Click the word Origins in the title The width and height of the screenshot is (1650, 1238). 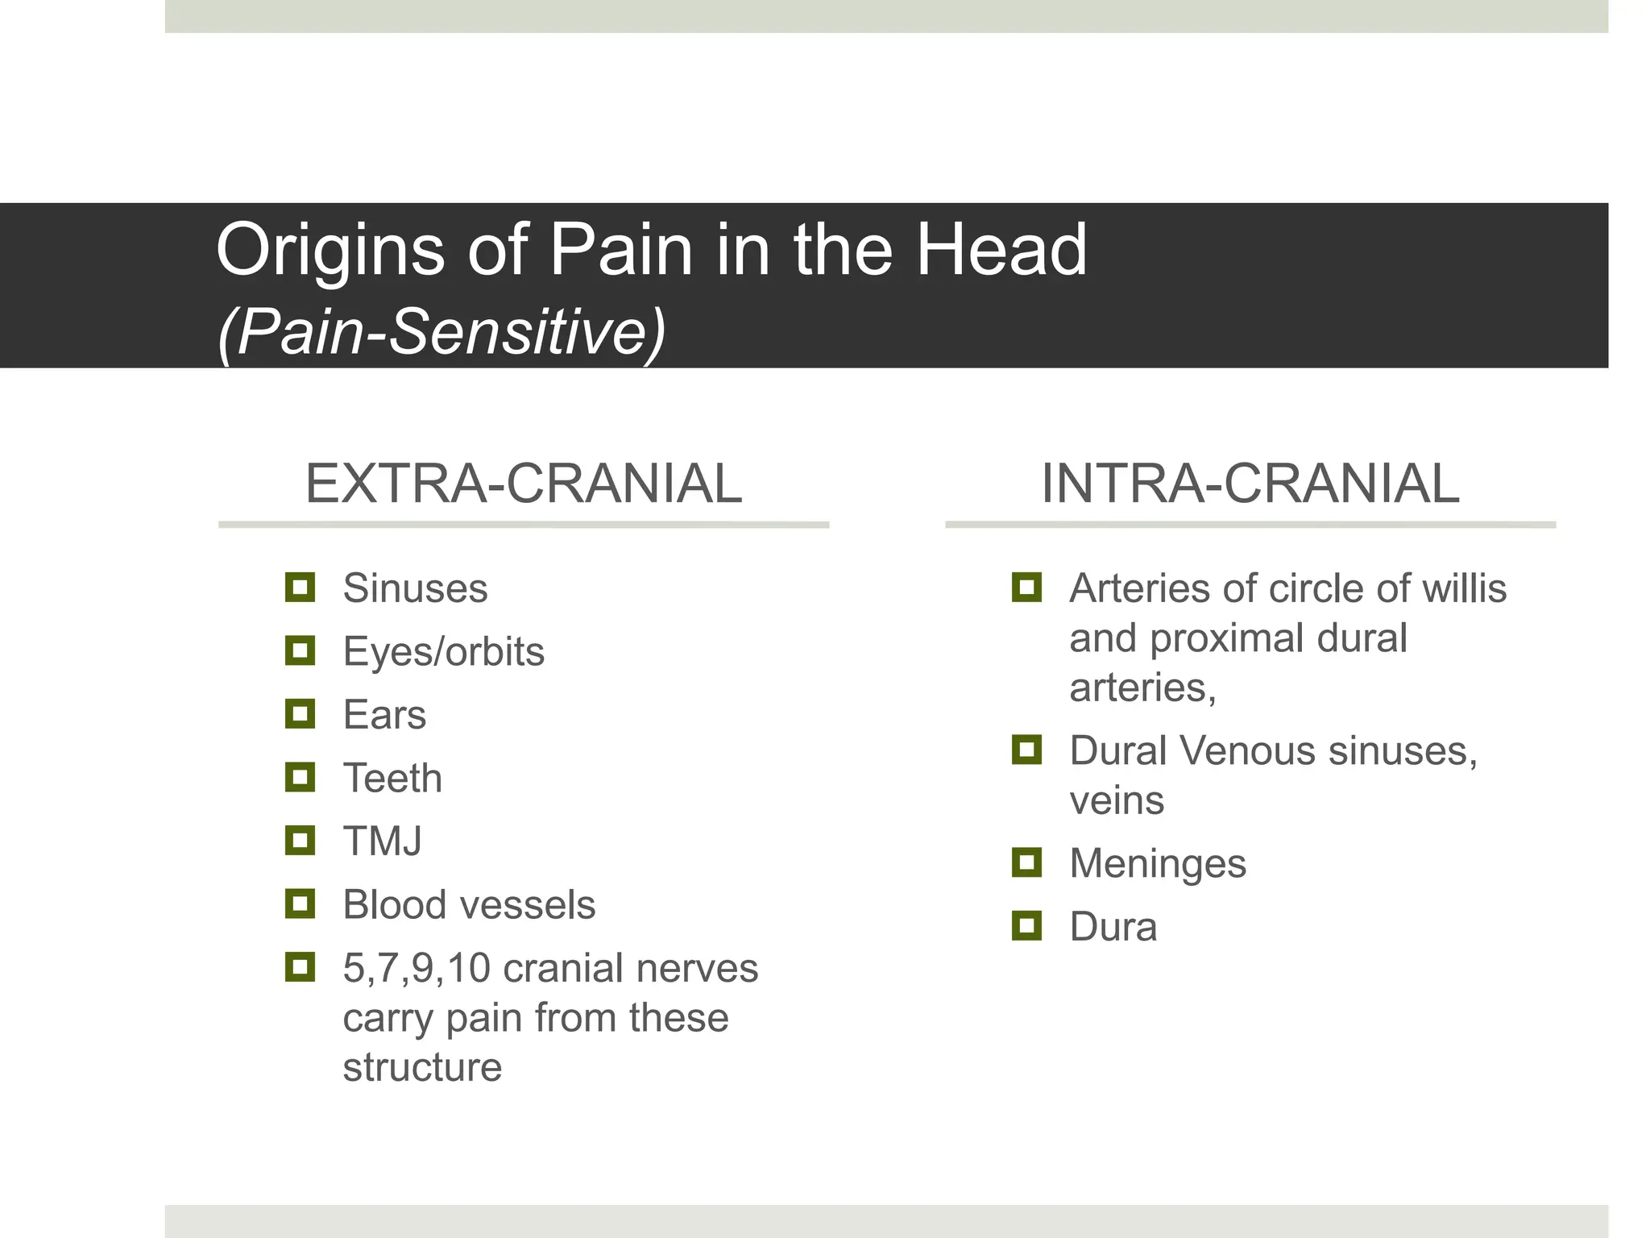pos(330,251)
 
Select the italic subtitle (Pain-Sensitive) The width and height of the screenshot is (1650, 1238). pos(442,331)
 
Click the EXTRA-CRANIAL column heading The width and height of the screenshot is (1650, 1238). pos(523,484)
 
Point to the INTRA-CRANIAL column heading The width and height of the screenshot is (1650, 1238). pos(1250,484)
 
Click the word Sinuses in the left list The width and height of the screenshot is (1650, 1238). pos(415,588)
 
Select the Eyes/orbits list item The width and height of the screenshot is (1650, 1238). pos(443,651)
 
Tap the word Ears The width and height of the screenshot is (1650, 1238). pos(384,715)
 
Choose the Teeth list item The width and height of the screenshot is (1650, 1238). pos(392,779)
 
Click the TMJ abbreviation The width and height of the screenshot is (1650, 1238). pos(382,841)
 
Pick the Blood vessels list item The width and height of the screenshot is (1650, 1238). pos(469,905)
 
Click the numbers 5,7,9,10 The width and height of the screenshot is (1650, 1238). pos(416,968)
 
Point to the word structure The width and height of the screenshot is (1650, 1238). pos(422,1068)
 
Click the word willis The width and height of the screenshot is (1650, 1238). pos(1464,588)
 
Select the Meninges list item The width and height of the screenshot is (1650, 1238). pos(1158,864)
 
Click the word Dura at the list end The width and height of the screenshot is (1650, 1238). pos(1113,927)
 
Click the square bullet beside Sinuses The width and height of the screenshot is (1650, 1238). pos(300,588)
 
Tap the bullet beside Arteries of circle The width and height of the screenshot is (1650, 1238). pos(1026,588)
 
